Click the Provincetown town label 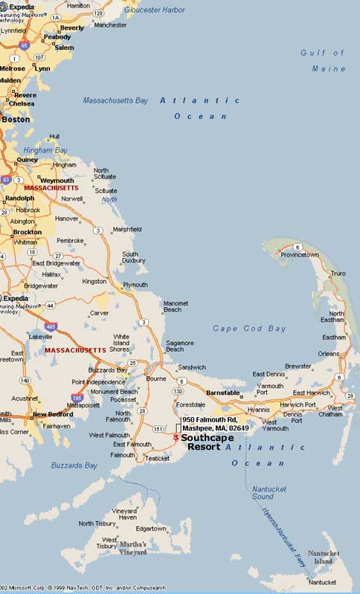(x=320, y=254)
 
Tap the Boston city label (x=16, y=119)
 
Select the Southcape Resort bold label (x=208, y=442)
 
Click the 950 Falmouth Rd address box (x=216, y=424)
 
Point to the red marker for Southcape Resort (x=176, y=438)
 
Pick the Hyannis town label (x=258, y=409)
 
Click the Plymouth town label (x=135, y=285)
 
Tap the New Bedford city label (x=51, y=414)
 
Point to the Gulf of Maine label (x=323, y=60)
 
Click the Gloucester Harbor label (x=155, y=10)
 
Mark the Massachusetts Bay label (x=115, y=100)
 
